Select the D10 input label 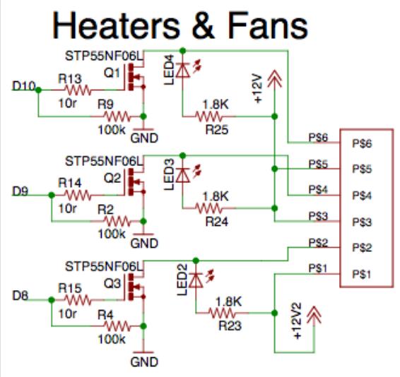pos(24,85)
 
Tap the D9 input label pos(20,190)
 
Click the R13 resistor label pos(71,80)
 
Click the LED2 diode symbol pos(196,280)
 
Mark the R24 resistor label pos(216,220)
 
